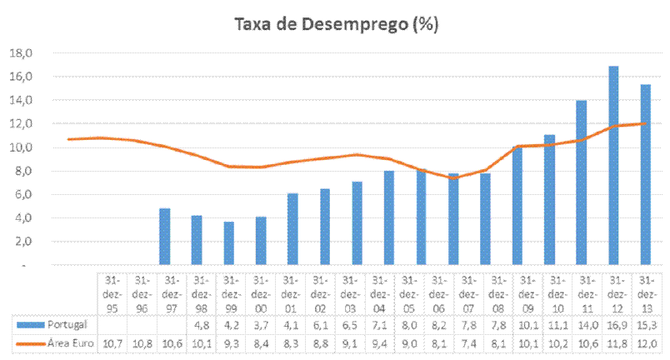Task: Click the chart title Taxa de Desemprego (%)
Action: click(335, 24)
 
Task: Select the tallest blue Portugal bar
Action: click(613, 165)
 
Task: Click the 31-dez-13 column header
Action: click(646, 292)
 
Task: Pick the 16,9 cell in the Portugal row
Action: click(614, 323)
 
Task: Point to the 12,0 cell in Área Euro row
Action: click(646, 342)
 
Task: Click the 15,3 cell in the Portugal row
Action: click(646, 323)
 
